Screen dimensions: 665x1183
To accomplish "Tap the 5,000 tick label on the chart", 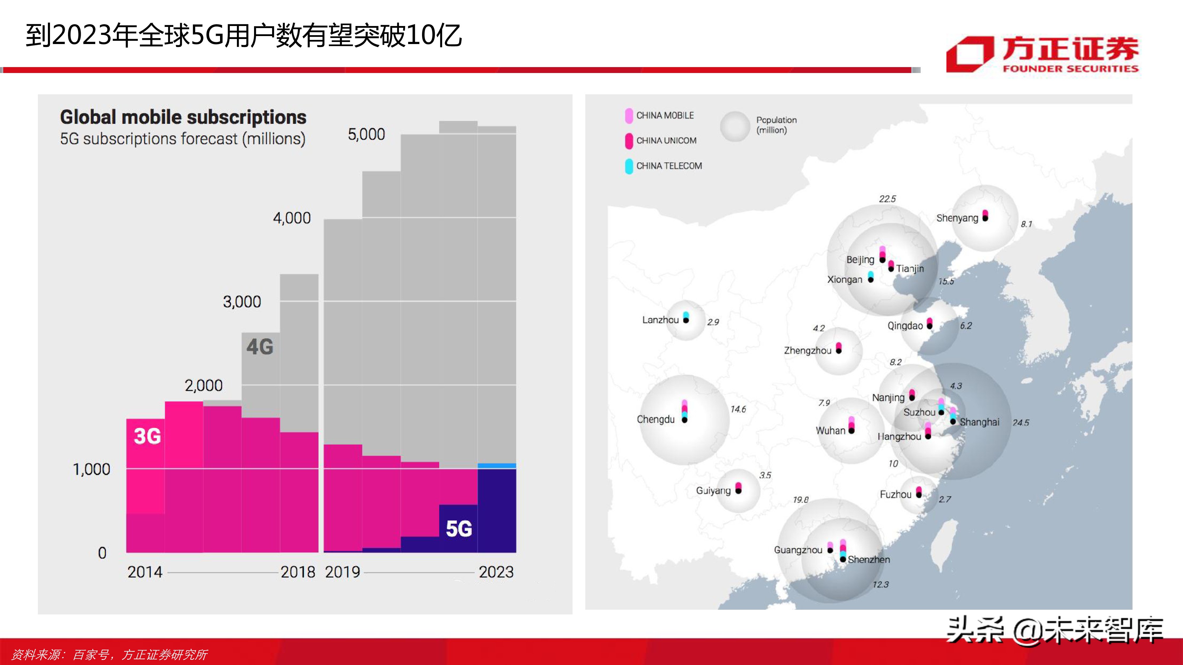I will tap(366, 134).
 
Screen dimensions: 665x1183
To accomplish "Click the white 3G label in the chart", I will tap(147, 436).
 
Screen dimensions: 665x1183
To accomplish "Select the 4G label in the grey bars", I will tap(260, 347).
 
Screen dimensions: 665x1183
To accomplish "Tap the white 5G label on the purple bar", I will tap(459, 529).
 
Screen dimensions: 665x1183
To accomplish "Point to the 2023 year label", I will tap(496, 572).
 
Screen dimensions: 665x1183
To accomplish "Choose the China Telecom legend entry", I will tap(664, 166).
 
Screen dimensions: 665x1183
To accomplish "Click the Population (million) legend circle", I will tap(735, 126).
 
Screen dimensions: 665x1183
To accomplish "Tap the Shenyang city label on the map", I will tap(957, 218).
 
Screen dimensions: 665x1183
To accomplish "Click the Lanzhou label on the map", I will tap(660, 320).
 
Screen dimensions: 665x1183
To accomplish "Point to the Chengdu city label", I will tap(655, 419).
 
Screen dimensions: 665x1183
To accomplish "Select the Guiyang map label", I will tap(713, 491).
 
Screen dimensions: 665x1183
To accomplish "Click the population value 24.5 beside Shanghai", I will tap(1020, 423).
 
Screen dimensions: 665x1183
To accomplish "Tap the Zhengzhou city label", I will tap(807, 351).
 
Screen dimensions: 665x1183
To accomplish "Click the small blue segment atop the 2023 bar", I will tap(497, 466).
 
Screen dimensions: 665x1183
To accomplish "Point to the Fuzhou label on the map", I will tap(895, 494).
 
